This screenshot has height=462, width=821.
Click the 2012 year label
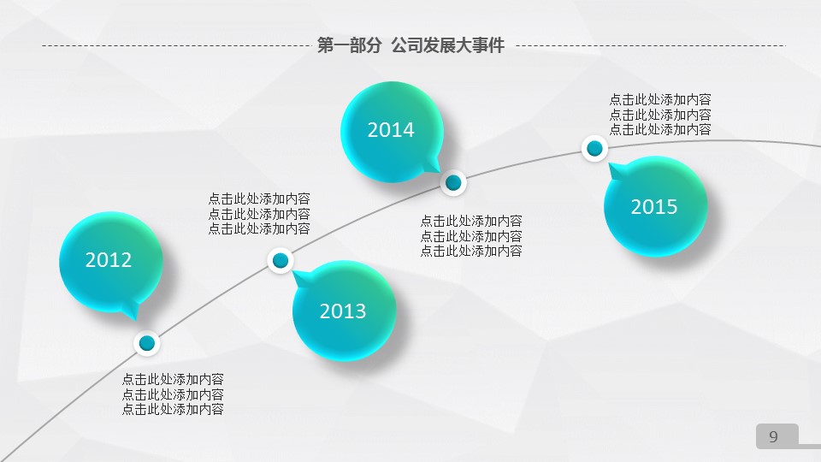(109, 260)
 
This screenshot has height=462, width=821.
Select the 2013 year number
(343, 311)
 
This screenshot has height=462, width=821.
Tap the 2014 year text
(391, 130)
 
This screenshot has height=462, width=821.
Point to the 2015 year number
(654, 207)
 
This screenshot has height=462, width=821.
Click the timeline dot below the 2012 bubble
(147, 343)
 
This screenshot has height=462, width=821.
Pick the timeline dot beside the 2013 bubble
(281, 260)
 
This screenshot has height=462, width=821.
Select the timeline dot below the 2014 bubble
(453, 183)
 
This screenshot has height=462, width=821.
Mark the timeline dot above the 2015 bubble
(595, 149)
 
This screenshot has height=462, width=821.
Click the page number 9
(773, 437)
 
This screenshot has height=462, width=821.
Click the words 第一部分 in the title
(349, 45)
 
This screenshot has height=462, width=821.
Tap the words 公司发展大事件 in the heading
(447, 45)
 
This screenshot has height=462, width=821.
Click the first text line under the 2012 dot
(173, 379)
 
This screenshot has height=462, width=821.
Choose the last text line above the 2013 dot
(259, 229)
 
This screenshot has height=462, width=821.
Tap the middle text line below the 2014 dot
(471, 236)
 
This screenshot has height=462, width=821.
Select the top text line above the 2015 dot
(660, 99)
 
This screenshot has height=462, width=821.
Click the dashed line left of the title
(176, 45)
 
